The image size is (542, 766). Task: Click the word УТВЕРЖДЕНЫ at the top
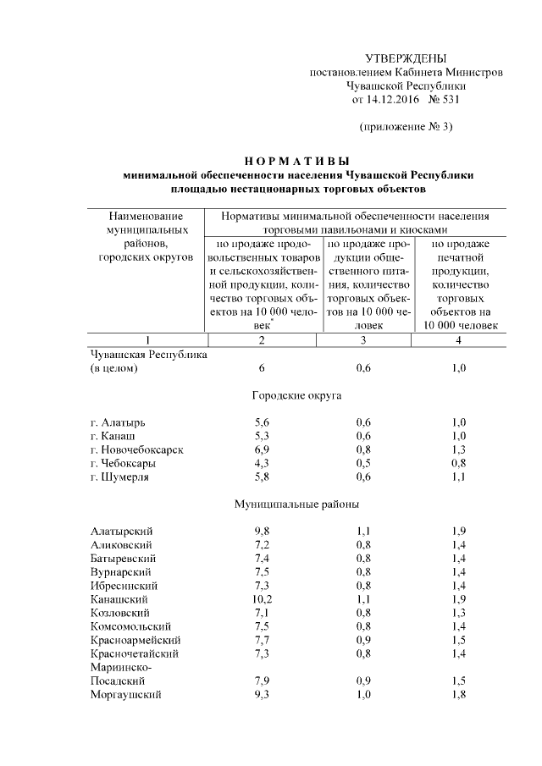coord(405,58)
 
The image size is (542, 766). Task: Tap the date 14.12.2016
coord(390,99)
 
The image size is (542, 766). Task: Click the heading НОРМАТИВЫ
coord(297,160)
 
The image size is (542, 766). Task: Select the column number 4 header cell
coord(458,339)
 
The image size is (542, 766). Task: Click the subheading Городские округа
coord(297,394)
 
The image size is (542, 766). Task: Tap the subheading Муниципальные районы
coord(297,504)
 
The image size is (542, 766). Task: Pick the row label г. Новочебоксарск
coord(136,449)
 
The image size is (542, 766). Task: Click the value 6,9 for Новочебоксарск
coord(262,449)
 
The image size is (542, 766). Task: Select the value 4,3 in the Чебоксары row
coord(262,462)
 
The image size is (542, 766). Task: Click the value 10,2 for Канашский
coord(262,598)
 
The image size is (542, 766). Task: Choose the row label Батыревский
coord(122,558)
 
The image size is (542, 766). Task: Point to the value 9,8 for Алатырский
coord(262,531)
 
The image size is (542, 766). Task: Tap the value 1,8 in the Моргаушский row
coord(459,694)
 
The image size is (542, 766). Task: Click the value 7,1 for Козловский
coord(262,612)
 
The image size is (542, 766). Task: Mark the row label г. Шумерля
coord(120,476)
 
